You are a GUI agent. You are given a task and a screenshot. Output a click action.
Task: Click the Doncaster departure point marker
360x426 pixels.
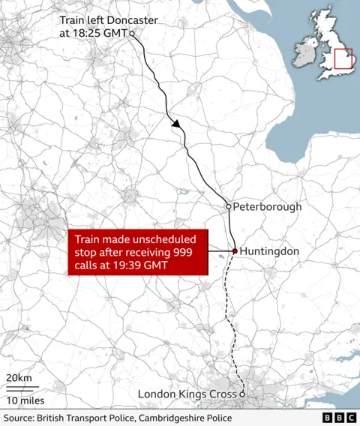(132, 34)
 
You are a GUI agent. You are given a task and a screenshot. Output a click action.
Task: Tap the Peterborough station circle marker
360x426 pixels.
(229, 206)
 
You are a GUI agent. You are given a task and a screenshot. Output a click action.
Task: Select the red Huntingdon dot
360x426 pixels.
(235, 251)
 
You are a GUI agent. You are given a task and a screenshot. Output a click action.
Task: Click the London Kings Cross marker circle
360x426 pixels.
(242, 394)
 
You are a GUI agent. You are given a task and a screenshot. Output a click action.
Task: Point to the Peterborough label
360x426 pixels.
(267, 206)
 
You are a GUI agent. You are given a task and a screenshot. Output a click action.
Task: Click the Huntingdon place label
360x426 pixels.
(271, 251)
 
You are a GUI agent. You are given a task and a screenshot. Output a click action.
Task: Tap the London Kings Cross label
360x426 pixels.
(187, 394)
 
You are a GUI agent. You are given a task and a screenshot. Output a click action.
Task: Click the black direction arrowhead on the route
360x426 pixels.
(178, 125)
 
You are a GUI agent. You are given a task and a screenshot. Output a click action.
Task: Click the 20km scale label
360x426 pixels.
(19, 377)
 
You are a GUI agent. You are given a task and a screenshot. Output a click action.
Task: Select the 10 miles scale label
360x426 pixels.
(26, 400)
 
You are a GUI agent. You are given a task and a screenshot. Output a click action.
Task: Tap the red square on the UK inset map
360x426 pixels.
(343, 58)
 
